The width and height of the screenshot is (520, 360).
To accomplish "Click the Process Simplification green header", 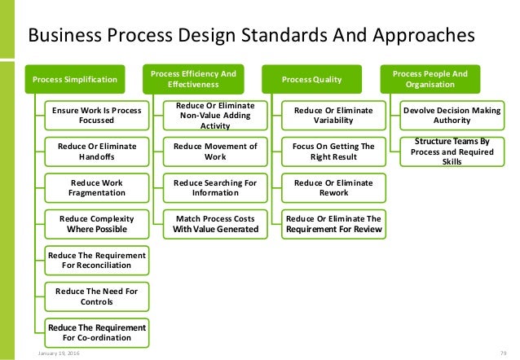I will [74, 80].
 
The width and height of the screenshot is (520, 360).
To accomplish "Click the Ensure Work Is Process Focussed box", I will [97, 115].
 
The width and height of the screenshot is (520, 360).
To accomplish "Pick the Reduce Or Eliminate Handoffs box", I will [97, 151].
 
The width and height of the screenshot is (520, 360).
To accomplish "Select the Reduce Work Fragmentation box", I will [97, 187].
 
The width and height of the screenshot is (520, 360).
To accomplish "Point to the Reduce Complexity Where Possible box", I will [97, 223].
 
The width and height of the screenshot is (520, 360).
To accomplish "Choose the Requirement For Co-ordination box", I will [97, 331].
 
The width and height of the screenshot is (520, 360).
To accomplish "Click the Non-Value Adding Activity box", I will [214, 116].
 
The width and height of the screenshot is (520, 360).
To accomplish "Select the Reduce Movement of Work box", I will [214, 151].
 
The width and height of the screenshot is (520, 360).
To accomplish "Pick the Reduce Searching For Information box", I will [214, 187].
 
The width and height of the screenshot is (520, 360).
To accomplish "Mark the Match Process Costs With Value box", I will [214, 223].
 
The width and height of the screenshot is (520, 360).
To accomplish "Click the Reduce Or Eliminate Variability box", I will [333, 115].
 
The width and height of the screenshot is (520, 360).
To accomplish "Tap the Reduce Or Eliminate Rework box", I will [333, 187].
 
